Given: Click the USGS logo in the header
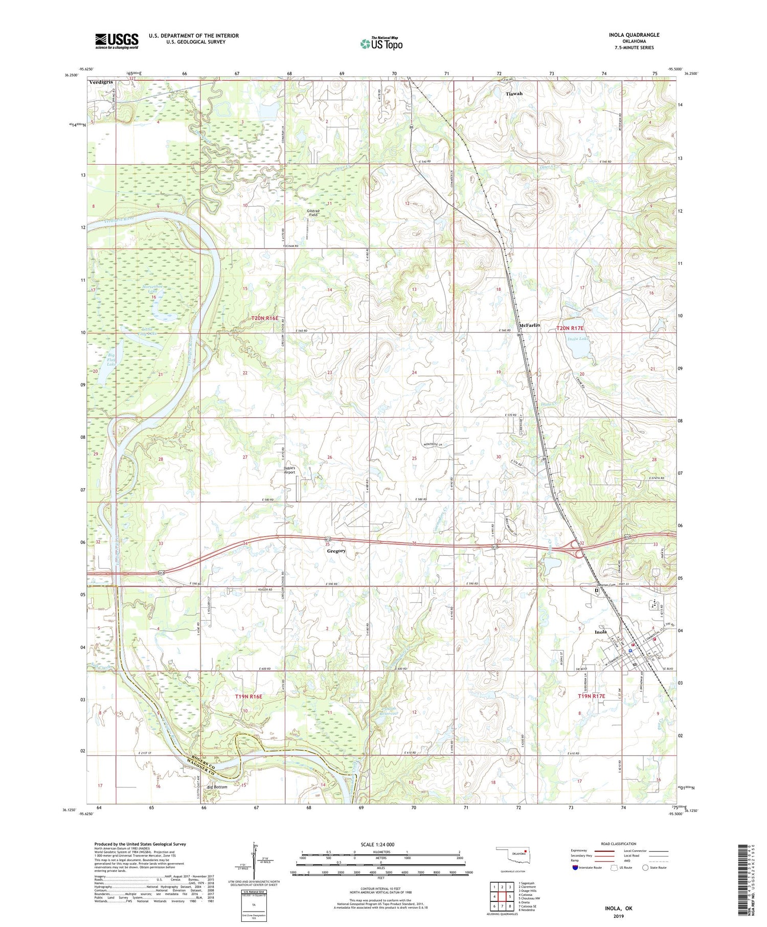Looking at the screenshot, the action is point(117,41).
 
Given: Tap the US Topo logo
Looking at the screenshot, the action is point(381,44).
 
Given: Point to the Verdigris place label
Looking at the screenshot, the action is point(100,82).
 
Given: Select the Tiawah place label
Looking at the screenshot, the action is point(514,94).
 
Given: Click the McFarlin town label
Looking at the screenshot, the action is point(529,325).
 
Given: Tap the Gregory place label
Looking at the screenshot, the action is point(336,551).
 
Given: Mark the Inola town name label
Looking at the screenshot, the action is point(601,632).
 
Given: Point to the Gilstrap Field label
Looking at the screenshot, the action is point(313,213).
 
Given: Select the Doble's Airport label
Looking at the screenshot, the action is point(294,470).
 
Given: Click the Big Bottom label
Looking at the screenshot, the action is point(217,787).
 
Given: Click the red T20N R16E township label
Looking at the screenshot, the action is point(265,318).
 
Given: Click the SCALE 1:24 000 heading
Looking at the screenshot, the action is point(380,844).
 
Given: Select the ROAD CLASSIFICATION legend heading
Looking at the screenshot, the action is point(619,844).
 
